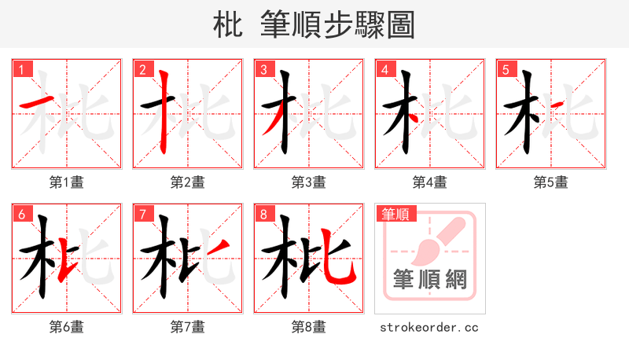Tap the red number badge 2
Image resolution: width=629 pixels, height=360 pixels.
coord(142,69)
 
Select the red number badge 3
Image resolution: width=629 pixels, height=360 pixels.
coord(263,69)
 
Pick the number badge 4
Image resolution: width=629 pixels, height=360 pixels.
coord(384,69)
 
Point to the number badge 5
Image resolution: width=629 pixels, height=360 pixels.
coord(506,69)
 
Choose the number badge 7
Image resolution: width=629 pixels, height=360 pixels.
coord(142,214)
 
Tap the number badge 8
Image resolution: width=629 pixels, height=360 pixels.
coord(263,214)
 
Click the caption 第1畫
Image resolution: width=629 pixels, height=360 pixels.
coord(67,182)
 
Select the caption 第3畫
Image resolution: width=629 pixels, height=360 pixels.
coord(309,182)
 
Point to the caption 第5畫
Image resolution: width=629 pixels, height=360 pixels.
coord(551,182)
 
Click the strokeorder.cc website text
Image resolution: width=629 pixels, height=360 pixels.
coord(429,327)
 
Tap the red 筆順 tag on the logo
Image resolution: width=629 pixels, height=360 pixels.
coord(396,214)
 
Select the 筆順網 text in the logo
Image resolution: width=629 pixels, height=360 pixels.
coord(429,280)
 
